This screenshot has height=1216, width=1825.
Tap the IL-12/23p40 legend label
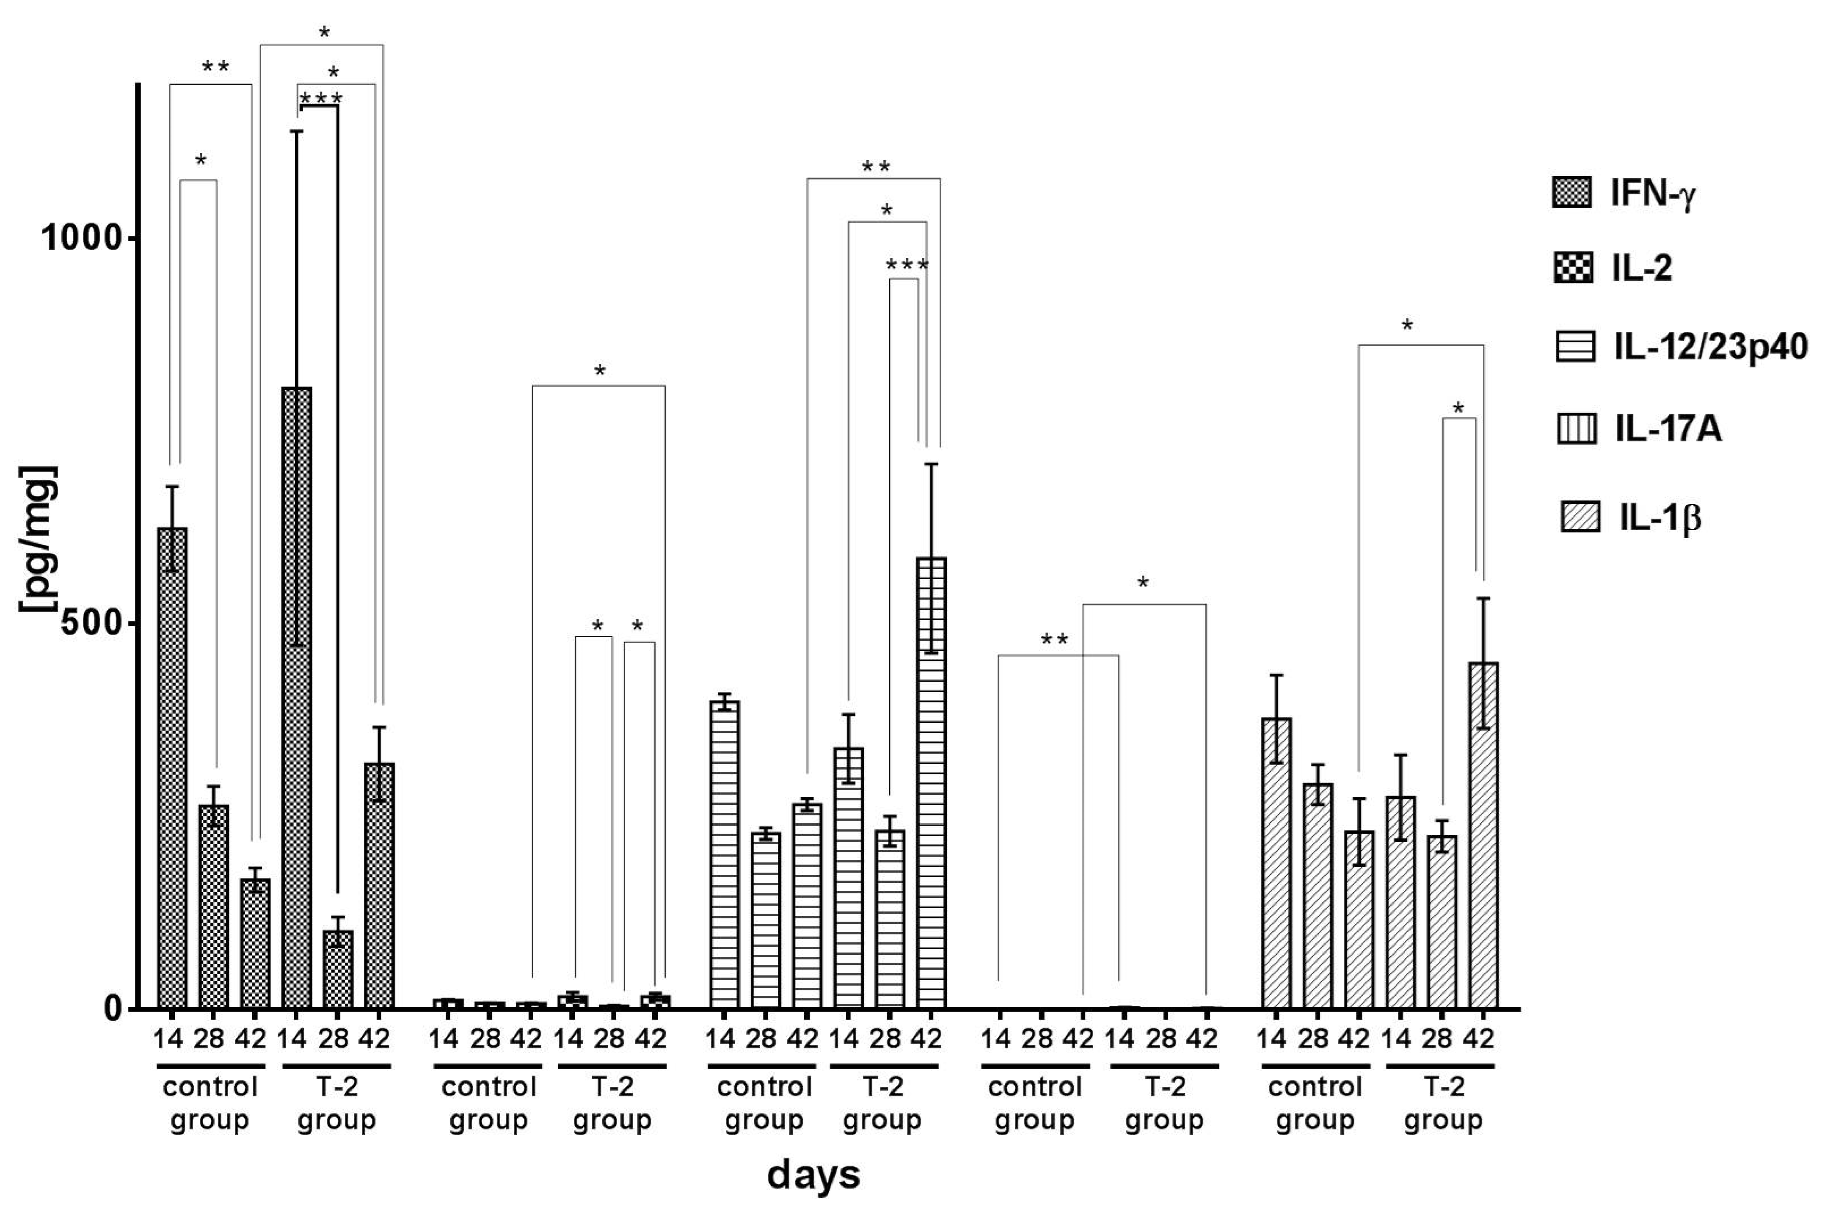pyautogui.click(x=1710, y=346)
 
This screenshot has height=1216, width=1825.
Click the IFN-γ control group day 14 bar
pyautogui.click(x=172, y=768)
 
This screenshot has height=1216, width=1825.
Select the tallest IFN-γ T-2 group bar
pyautogui.click(x=297, y=698)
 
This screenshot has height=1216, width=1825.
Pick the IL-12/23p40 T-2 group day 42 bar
pyautogui.click(x=931, y=783)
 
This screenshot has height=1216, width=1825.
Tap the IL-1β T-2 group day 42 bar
pyautogui.click(x=1483, y=836)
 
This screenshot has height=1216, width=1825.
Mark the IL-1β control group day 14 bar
pyautogui.click(x=1276, y=863)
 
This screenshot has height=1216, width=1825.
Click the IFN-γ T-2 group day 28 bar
pyautogui.click(x=338, y=970)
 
